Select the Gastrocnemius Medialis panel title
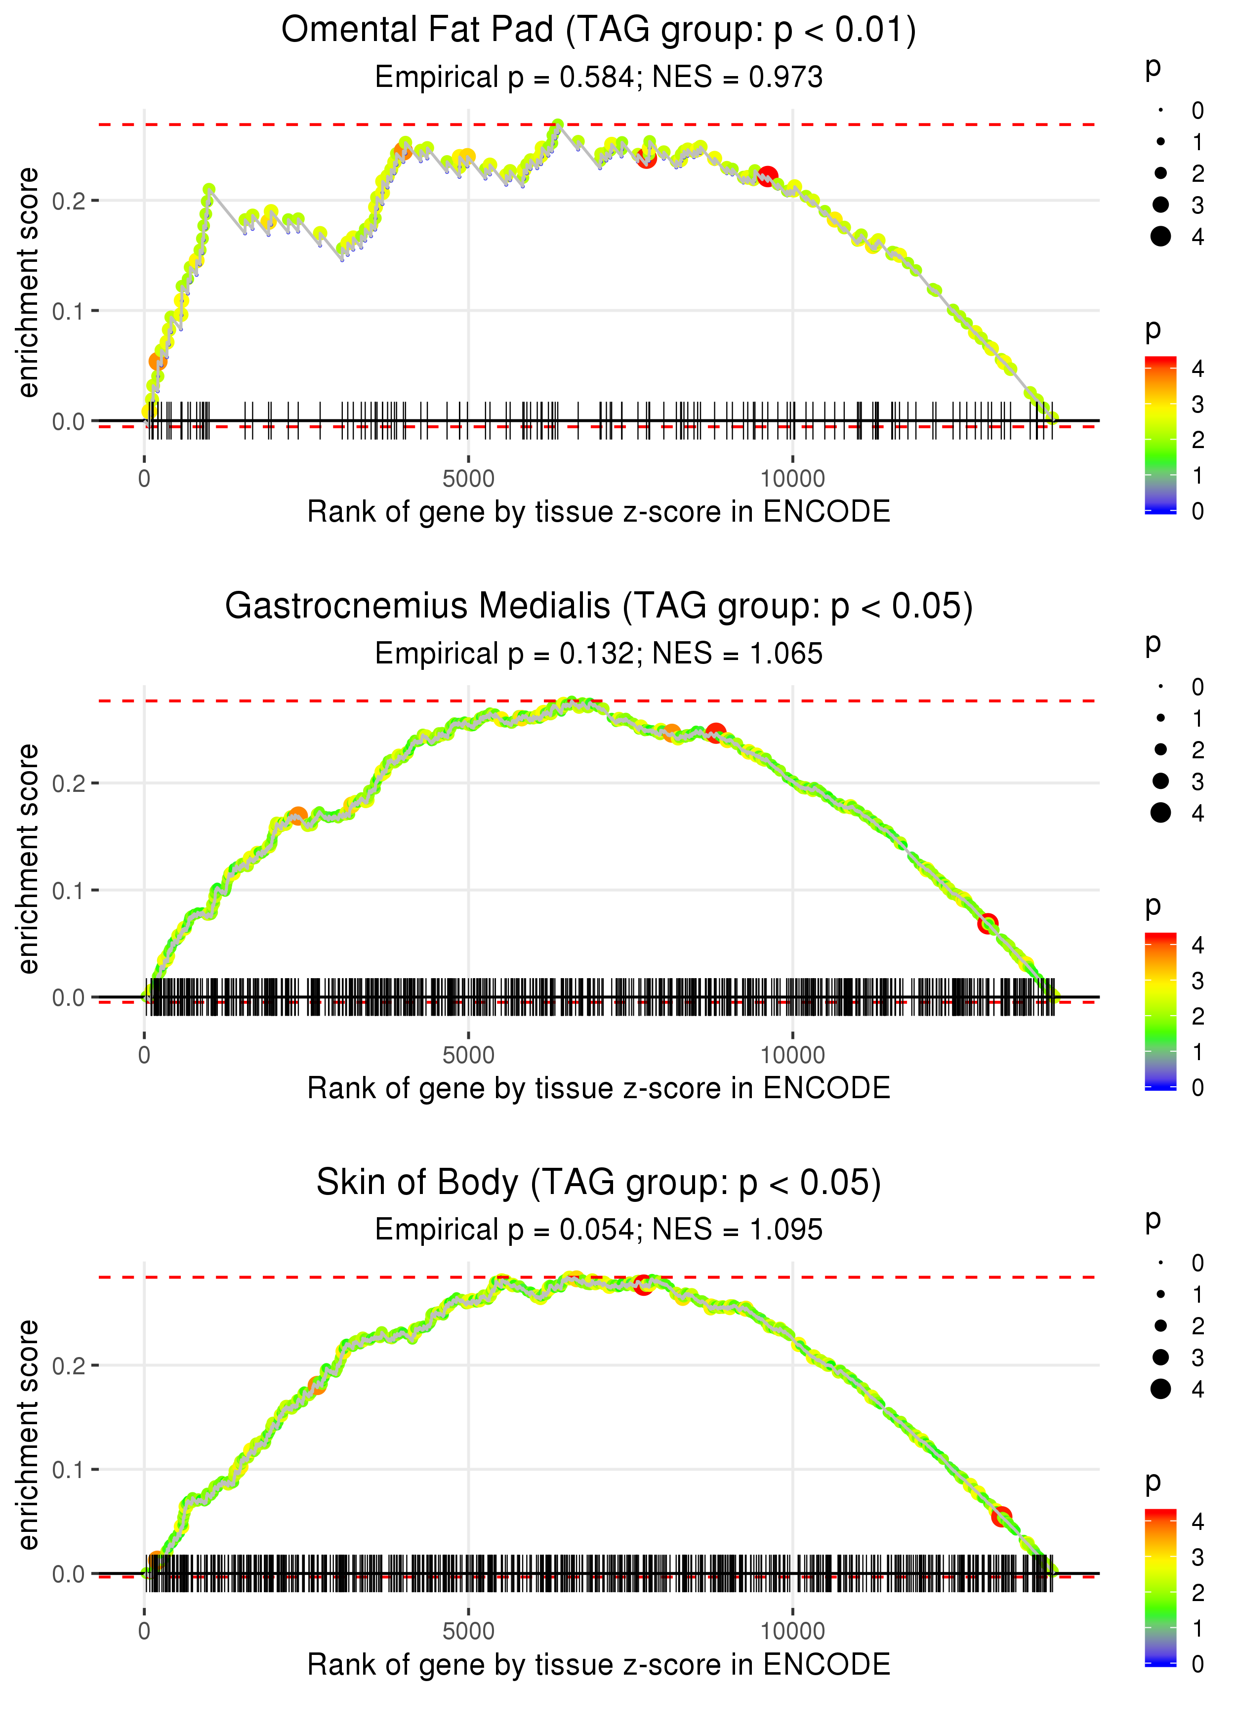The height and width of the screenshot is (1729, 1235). (x=599, y=607)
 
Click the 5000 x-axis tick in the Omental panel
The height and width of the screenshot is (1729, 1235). (x=468, y=479)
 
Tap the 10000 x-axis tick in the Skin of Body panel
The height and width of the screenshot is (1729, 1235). (x=792, y=1632)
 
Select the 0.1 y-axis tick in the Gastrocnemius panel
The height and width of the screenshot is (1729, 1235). (x=68, y=890)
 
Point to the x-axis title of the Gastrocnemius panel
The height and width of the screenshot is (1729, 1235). (x=599, y=1089)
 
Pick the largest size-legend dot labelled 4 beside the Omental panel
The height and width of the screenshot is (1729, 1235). (x=1160, y=237)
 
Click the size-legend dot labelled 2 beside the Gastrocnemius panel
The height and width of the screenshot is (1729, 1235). (x=1160, y=750)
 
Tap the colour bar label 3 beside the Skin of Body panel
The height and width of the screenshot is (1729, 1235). (x=1198, y=1557)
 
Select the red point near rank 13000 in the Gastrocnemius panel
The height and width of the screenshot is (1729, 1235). (x=987, y=924)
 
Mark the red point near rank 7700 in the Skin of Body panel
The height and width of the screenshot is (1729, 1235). (x=643, y=1284)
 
